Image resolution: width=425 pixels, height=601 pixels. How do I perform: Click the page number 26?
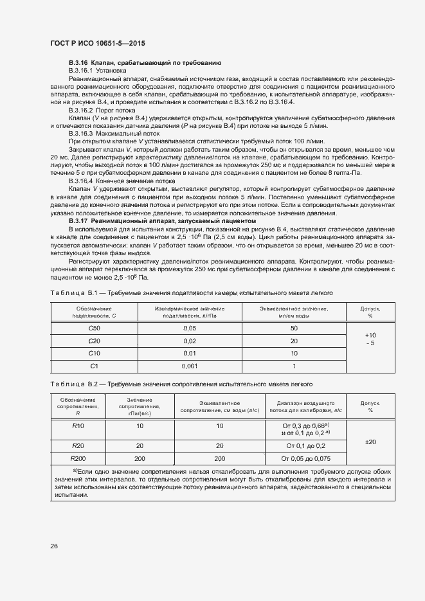pyautogui.click(x=54, y=546)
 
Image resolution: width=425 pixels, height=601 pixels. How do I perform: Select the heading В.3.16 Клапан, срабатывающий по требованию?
pyautogui.click(x=145, y=62)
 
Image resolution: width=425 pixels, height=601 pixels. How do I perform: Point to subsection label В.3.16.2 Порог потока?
pyautogui.click(x=97, y=110)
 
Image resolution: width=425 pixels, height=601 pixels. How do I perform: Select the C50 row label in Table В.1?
pyautogui.click(x=95, y=328)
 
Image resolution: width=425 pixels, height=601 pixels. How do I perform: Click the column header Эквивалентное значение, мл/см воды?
pyautogui.click(x=294, y=312)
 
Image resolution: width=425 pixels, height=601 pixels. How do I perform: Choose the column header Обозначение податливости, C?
pyautogui.click(x=95, y=312)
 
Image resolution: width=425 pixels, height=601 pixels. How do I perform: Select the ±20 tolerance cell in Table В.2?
pyautogui.click(x=370, y=442)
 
